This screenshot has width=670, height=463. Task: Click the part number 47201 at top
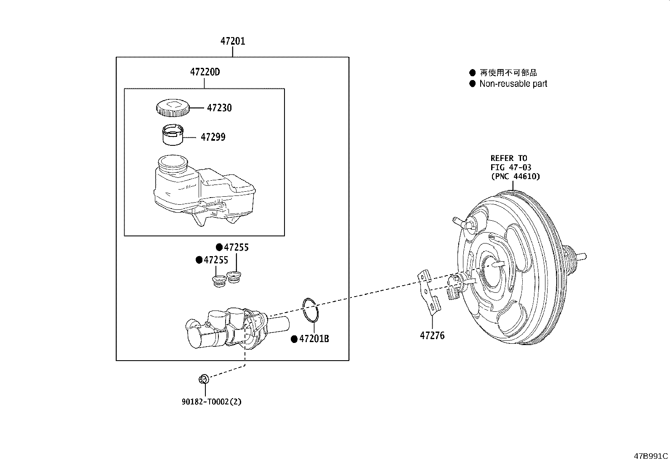click(233, 41)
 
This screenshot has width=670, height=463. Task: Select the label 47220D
click(205, 72)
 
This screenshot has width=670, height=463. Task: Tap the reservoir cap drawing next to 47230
click(172, 108)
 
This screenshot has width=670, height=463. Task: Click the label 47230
click(219, 108)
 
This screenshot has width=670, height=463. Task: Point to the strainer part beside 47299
click(173, 135)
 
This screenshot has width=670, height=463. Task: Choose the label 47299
click(213, 137)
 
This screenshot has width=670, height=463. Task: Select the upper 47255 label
click(236, 247)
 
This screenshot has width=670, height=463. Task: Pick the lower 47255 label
click(216, 260)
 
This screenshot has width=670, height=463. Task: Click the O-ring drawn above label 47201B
click(311, 310)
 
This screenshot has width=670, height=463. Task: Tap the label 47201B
click(314, 339)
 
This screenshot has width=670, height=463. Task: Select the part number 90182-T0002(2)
click(212, 401)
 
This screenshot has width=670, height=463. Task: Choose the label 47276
click(432, 336)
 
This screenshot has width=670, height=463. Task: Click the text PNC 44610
click(515, 177)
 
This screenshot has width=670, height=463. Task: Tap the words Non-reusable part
click(513, 84)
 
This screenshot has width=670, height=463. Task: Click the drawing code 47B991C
click(651, 456)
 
